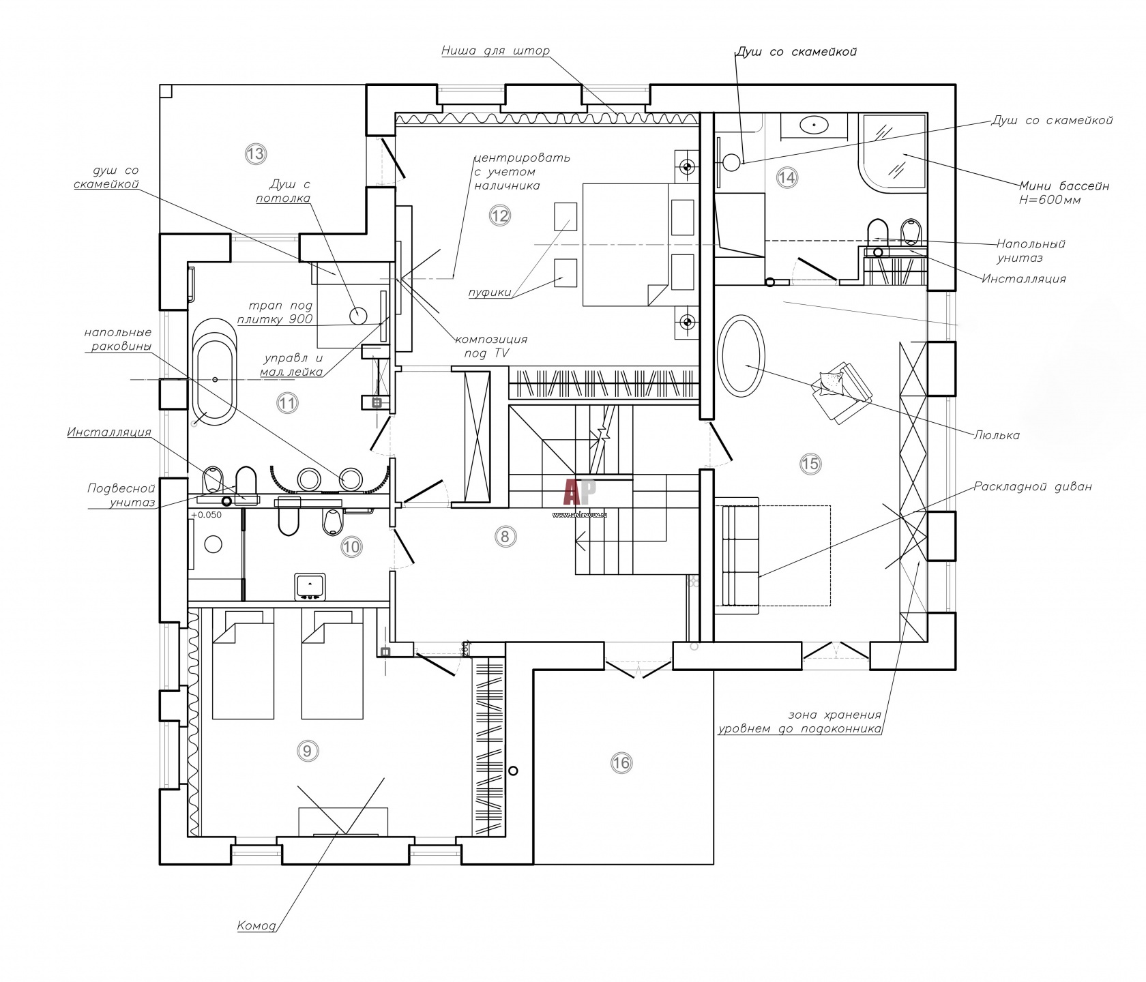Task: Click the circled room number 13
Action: [255, 153]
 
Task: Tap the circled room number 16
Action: [621, 762]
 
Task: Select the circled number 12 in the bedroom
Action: [499, 215]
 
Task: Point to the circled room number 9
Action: [307, 751]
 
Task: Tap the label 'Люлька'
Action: [997, 435]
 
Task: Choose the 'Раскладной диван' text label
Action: [1032, 487]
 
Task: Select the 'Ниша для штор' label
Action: [495, 50]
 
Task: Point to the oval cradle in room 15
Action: [741, 355]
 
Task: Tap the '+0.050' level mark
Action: [206, 515]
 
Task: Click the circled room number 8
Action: [505, 536]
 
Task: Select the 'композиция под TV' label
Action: [491, 346]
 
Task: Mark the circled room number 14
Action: [787, 178]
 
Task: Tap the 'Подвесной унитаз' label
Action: [121, 496]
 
